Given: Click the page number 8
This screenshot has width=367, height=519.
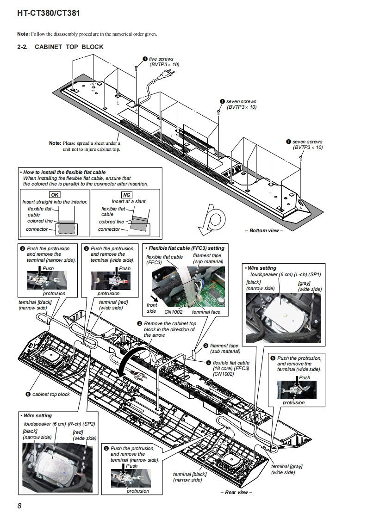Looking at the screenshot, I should coord(19,506).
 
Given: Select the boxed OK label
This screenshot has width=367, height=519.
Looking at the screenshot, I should coord(55,195).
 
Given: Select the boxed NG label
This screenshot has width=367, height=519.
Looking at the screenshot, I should coord(126,195).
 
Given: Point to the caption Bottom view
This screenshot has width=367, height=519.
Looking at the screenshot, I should coord(265,230).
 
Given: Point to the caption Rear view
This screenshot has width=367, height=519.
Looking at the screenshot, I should coord(236,492).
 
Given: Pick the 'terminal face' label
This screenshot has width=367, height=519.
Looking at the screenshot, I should coord(206,312).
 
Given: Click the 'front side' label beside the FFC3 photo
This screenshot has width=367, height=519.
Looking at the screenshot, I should coord(152,308).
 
